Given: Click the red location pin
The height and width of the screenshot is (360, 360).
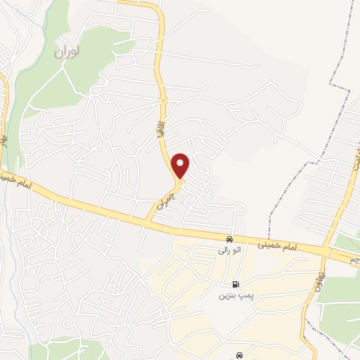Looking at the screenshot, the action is [181, 165].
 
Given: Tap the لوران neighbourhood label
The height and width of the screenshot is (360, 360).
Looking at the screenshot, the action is [68, 52].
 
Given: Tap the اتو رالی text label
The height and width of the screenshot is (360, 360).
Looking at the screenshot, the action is [225, 250].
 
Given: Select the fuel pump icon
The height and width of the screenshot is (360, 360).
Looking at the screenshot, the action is [234, 285].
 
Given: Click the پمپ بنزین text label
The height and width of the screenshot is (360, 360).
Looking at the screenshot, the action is [234, 296].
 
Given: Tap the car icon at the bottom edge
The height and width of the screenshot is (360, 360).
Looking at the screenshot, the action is [240, 355].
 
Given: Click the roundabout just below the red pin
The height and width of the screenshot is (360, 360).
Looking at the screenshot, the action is [180, 184].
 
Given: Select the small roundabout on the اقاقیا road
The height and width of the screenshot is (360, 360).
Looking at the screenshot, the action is [163, 101].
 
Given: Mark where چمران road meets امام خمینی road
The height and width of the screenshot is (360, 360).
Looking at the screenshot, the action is [148, 222].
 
